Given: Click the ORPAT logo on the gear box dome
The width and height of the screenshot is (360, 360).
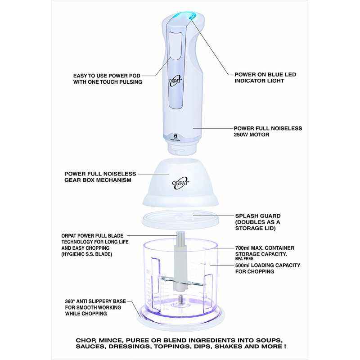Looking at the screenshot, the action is (180, 183).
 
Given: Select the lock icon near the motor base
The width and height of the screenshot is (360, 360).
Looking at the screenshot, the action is (175, 135).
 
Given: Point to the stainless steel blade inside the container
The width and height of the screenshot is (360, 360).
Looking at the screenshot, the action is (183, 282).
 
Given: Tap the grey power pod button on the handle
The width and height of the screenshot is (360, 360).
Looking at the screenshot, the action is (175, 45).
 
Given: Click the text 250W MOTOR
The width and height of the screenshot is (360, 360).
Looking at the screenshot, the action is (252, 135).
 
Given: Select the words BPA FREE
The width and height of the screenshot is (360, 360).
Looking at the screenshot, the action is (244, 258).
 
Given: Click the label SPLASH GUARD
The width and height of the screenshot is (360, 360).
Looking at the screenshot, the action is (258, 216).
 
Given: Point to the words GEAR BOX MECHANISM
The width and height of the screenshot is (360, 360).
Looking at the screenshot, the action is (98, 180).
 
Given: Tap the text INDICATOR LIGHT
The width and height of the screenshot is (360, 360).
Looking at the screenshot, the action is (259, 81).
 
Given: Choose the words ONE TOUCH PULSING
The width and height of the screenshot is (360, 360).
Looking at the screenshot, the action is (115, 82).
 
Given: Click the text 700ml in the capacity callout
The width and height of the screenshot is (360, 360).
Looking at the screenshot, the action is (243, 248).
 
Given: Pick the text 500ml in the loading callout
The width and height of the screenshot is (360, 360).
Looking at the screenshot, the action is (243, 265).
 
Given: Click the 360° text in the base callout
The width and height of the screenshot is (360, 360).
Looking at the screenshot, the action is (70, 301).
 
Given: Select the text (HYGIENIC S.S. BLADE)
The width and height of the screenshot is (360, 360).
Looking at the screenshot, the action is (87, 254).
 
